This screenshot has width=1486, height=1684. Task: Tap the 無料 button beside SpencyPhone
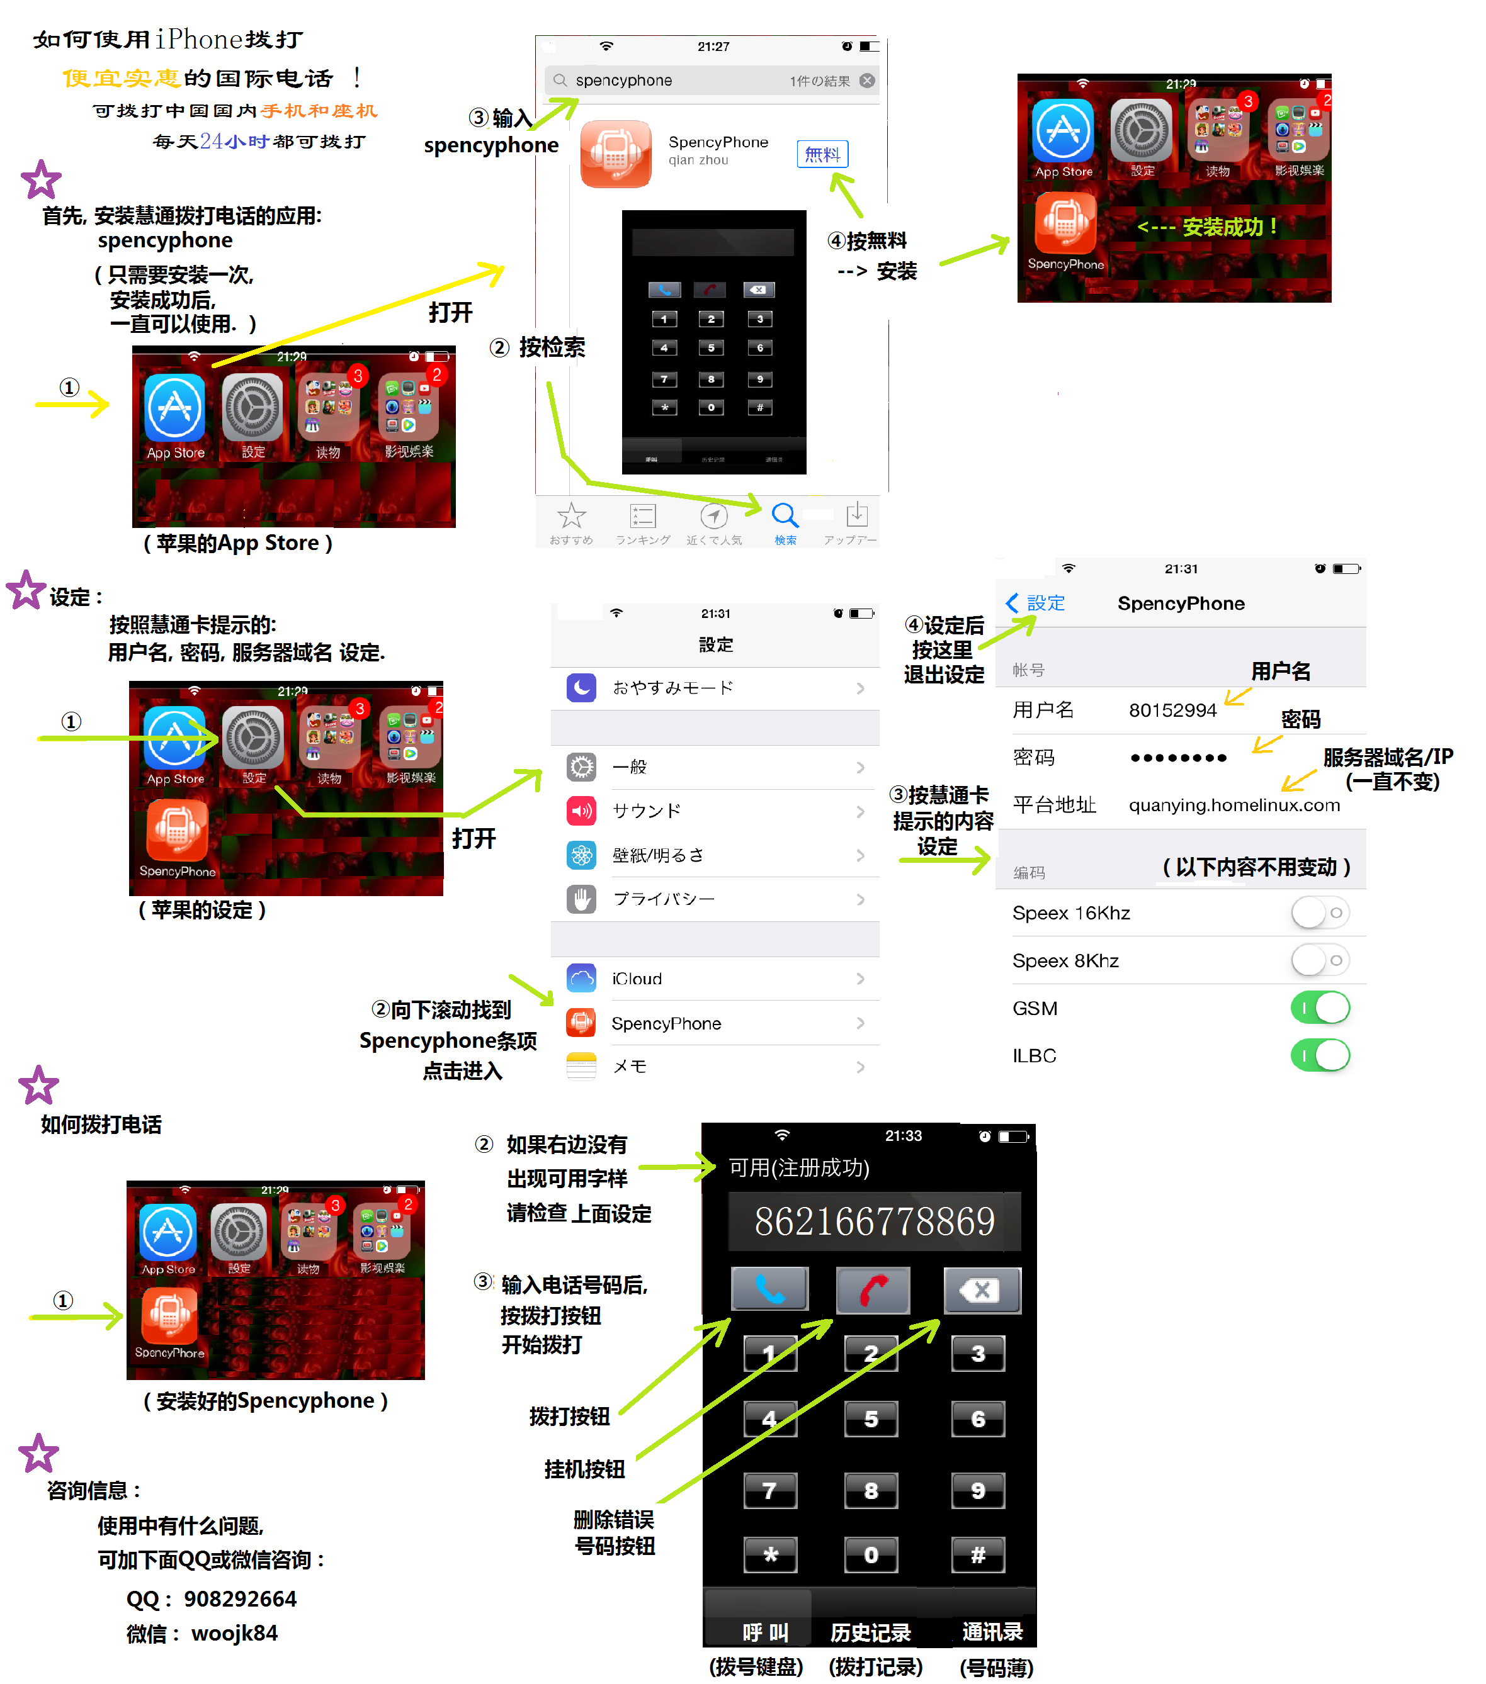pos(822,154)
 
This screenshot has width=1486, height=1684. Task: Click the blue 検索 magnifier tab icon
pos(784,516)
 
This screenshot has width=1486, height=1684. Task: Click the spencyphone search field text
pos(624,81)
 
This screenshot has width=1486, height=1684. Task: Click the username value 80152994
pos(1172,710)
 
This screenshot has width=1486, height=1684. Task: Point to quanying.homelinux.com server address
pos(1234,805)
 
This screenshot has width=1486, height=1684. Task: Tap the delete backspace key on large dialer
pos(981,1290)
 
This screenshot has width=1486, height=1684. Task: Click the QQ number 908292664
pos(240,1599)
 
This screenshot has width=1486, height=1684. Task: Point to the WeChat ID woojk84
pos(235,1634)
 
